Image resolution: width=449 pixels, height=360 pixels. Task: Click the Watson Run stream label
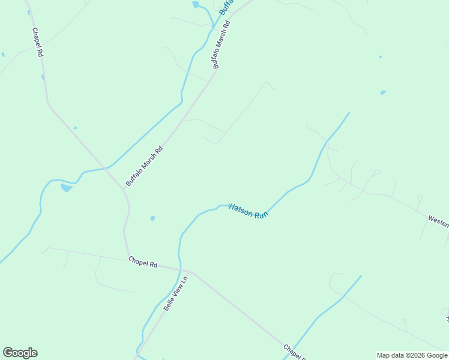(x=247, y=211)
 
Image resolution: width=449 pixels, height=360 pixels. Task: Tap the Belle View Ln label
(x=176, y=292)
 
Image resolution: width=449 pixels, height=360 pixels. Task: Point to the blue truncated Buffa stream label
(x=226, y=7)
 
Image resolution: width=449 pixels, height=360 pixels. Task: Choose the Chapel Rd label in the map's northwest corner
(x=38, y=42)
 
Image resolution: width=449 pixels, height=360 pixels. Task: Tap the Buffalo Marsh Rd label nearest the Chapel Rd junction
(x=144, y=166)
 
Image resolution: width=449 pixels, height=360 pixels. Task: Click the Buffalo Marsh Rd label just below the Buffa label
(x=221, y=45)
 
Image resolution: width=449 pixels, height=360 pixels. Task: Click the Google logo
(x=20, y=353)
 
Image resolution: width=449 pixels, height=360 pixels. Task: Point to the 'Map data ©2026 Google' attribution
(x=412, y=355)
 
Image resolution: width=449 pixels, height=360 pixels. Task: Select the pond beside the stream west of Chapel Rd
(x=66, y=188)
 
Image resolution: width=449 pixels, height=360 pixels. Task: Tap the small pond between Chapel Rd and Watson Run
(x=152, y=218)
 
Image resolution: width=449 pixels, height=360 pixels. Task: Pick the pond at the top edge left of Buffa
(x=195, y=5)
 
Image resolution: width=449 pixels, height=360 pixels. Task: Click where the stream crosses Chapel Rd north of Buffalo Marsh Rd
(x=106, y=167)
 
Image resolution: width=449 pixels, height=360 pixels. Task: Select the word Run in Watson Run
(x=260, y=214)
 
